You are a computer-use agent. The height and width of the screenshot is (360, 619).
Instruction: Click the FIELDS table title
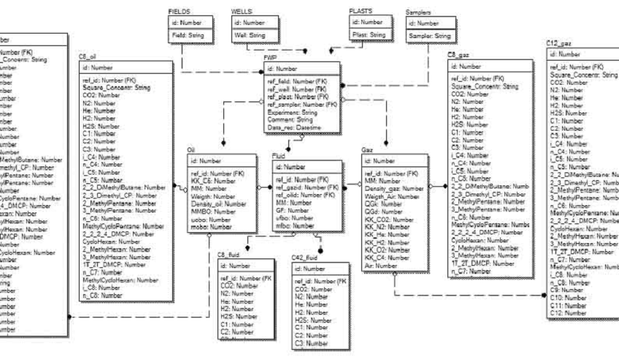179,13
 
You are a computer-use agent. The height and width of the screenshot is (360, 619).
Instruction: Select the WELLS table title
242,13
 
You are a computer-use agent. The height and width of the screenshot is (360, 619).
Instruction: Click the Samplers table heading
417,13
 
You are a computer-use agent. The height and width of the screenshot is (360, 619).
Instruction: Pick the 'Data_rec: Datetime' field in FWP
294,129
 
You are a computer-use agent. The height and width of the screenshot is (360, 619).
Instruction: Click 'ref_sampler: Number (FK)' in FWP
301,104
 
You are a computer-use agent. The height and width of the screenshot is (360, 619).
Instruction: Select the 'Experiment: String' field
292,112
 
